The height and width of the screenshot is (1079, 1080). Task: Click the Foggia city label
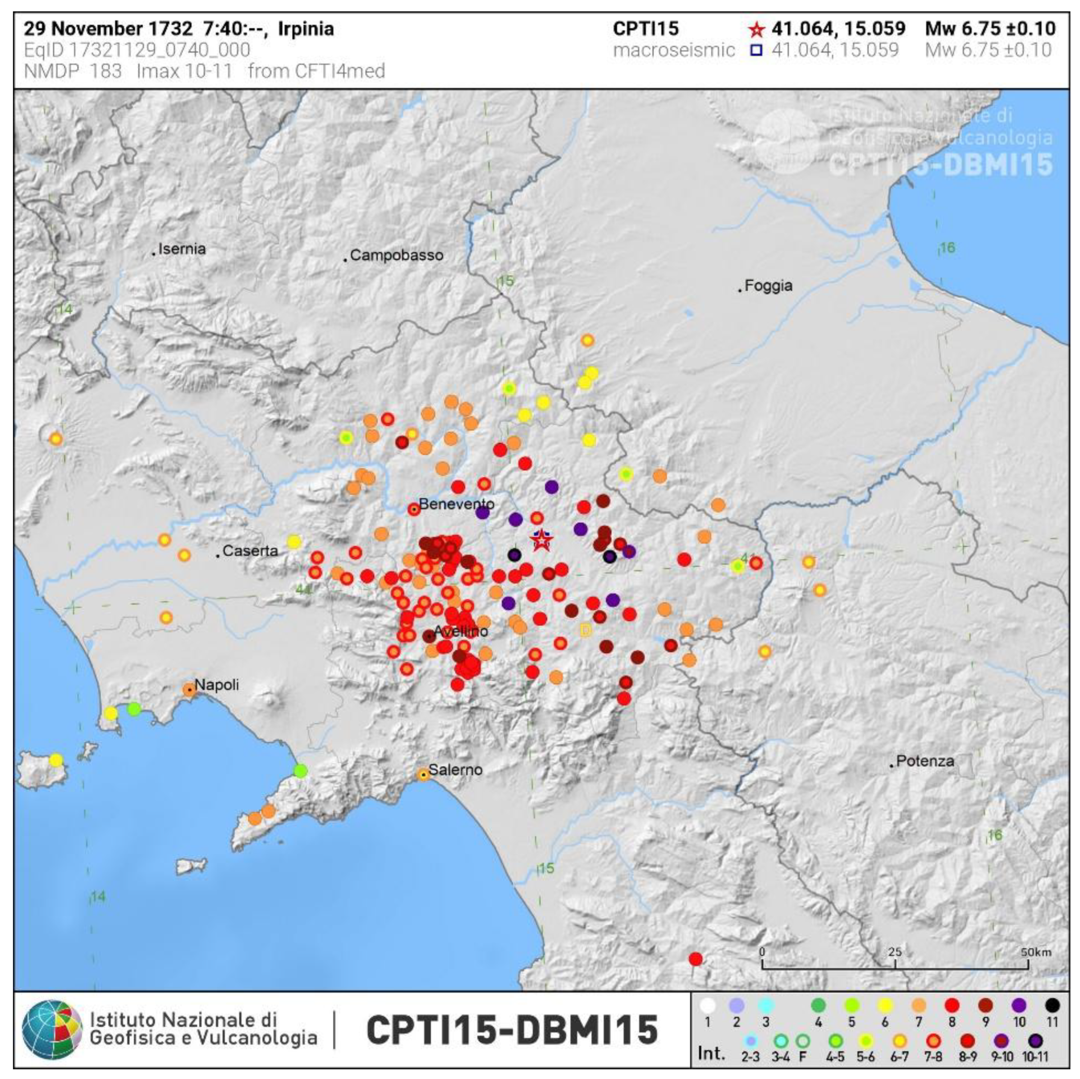click(768, 286)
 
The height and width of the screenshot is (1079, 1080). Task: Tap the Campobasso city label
click(396, 256)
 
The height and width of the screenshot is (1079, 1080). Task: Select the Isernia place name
click(182, 249)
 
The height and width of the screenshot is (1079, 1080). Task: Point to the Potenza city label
click(924, 761)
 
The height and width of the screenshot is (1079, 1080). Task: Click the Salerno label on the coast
click(455, 770)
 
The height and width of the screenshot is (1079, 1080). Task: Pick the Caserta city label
click(250, 551)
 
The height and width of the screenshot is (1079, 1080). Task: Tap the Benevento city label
click(456, 504)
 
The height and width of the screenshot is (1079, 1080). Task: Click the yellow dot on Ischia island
click(55, 760)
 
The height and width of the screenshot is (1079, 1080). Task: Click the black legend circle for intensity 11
click(1052, 1006)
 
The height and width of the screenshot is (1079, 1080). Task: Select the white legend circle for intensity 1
click(708, 1006)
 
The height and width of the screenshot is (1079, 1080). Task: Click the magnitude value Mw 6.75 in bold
click(990, 28)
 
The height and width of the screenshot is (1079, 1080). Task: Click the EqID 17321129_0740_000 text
click(137, 51)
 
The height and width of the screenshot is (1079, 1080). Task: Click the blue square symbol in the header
click(756, 51)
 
